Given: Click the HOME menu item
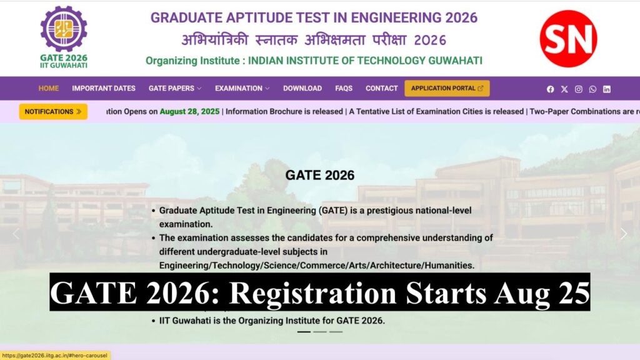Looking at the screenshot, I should [x=49, y=88].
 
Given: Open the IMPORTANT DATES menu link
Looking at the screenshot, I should [x=104, y=88].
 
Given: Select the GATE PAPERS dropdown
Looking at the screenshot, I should [x=175, y=88].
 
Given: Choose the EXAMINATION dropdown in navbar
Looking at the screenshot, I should [x=242, y=88].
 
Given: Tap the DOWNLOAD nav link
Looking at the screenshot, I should [x=302, y=88].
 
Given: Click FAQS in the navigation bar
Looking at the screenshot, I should [x=344, y=88].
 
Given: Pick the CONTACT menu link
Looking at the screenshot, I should [x=382, y=88].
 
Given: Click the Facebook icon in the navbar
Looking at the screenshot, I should [x=551, y=89].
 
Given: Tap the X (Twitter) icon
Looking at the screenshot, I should [x=564, y=89].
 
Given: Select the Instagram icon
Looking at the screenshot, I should [x=579, y=89].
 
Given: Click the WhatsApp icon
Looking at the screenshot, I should [x=592, y=89].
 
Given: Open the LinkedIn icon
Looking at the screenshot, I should [x=607, y=89].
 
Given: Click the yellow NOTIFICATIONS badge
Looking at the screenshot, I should [x=53, y=111].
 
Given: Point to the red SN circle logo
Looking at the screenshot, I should [x=568, y=39].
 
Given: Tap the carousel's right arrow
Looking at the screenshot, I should [x=623, y=234].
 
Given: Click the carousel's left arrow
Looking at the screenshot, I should [x=16, y=234].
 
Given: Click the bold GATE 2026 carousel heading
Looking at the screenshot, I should [x=320, y=175].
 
